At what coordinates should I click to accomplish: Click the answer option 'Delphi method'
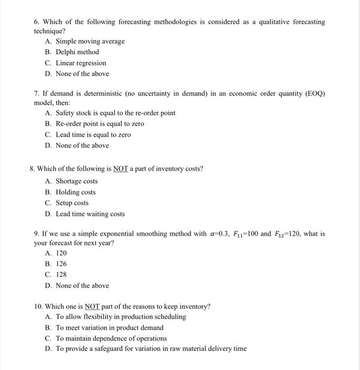(x=77, y=52)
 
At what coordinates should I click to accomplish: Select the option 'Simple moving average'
(x=90, y=41)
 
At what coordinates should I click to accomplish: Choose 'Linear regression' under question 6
(x=81, y=63)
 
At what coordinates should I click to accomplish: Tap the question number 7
(x=36, y=94)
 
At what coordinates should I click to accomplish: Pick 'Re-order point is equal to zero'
(x=100, y=124)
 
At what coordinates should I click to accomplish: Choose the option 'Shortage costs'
(x=77, y=181)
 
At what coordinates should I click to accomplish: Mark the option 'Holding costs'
(x=75, y=192)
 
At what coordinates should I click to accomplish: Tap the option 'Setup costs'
(x=72, y=203)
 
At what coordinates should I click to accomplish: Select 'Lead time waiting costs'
(x=90, y=214)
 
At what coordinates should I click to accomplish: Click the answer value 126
(x=61, y=264)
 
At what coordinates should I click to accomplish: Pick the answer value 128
(x=61, y=274)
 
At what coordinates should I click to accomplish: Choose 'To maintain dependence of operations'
(x=111, y=338)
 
